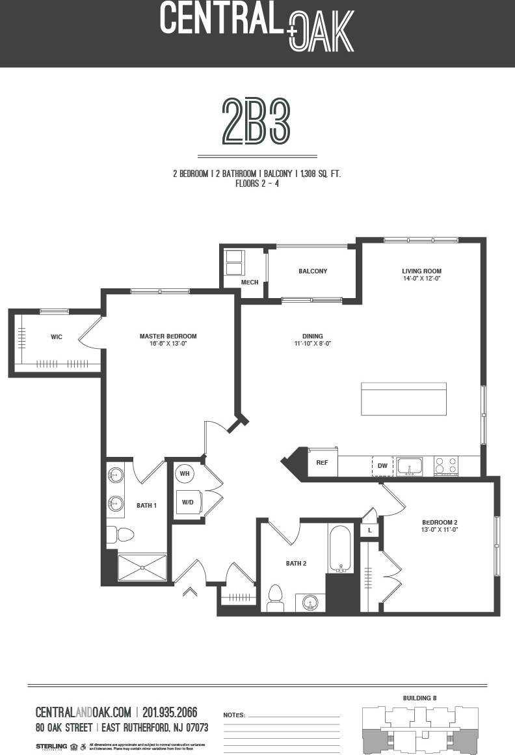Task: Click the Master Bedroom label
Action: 168,336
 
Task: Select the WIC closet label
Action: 57,337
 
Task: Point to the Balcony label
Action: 313,271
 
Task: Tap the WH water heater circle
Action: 185,473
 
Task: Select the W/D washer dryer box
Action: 189,502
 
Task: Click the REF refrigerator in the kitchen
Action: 322,463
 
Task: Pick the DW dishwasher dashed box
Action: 382,466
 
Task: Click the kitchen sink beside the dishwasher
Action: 410,466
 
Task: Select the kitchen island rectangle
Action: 404,398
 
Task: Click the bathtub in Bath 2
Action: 340,549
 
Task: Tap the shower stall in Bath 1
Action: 142,567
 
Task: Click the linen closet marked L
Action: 369,530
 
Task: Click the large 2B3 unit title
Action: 256,122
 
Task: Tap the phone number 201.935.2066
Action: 170,712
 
